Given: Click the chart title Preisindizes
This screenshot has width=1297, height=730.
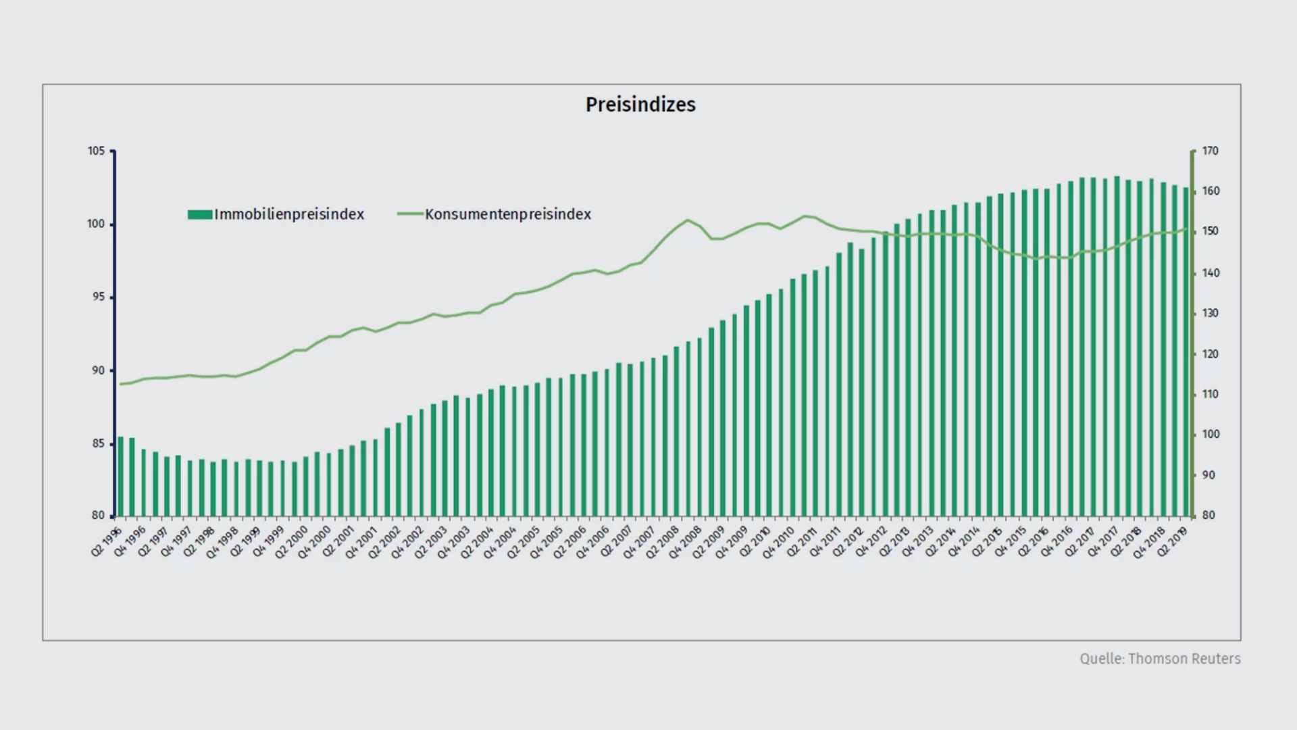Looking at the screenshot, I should click(x=640, y=105).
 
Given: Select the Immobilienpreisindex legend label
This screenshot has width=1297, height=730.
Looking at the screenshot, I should click(x=289, y=214).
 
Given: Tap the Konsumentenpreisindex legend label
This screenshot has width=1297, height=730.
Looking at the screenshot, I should click(x=508, y=214).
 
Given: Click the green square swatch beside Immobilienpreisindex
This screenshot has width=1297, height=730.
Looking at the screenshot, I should click(x=200, y=214).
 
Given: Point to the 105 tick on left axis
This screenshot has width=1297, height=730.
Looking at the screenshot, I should click(x=96, y=151).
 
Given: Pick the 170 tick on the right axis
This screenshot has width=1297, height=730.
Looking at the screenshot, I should click(x=1210, y=151).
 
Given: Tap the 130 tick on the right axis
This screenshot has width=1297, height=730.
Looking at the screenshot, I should click(x=1210, y=314).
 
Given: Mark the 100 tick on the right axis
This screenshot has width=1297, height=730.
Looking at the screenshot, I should click(x=1210, y=435).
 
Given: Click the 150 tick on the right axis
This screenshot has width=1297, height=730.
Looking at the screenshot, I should click(x=1210, y=231).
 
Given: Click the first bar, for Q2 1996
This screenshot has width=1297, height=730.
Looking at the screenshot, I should click(x=121, y=477).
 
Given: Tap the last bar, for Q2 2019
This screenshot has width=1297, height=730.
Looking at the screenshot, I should click(x=1186, y=351).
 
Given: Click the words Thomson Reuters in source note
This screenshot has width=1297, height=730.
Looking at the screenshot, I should click(x=1184, y=659).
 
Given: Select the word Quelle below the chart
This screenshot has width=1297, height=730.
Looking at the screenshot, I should click(x=1101, y=659).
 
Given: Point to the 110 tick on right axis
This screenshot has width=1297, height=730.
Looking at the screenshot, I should click(x=1210, y=394).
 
